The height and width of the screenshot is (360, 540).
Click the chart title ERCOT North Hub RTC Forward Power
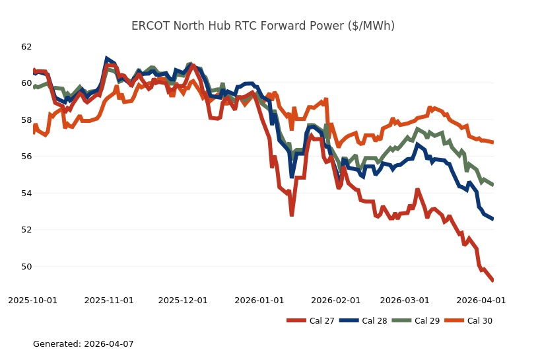tap(263, 26)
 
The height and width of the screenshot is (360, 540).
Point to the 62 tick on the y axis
tap(26, 47)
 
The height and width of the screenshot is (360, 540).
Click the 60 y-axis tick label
tap(26, 83)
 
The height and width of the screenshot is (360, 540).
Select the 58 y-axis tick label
tap(26, 120)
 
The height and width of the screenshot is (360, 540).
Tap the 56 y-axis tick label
tap(26, 157)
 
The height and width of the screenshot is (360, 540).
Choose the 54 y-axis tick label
tap(26, 194)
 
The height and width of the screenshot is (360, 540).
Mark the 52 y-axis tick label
tap(26, 230)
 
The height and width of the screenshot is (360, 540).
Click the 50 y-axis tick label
tap(26, 267)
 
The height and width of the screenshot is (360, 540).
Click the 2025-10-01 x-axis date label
tap(32, 300)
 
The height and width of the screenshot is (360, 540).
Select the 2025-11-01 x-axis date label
tap(109, 300)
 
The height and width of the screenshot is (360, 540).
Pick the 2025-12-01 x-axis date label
tap(184, 300)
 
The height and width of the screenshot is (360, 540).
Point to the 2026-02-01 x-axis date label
tap(337, 300)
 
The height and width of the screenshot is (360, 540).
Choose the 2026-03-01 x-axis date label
tap(406, 300)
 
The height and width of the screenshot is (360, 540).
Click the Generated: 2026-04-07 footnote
tap(83, 344)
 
